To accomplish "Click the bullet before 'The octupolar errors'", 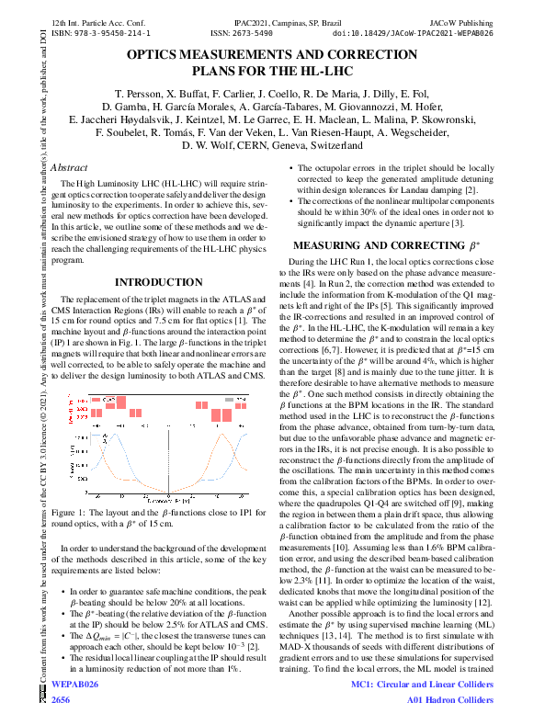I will pyautogui.click(x=293, y=169).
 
